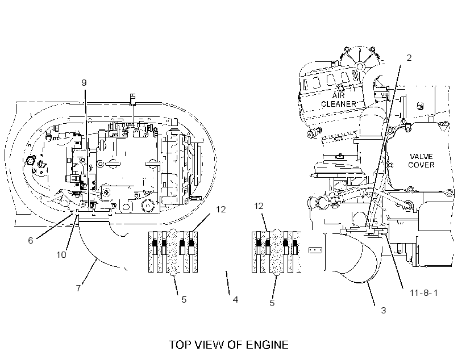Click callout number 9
click(x=84, y=82)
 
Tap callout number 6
click(x=30, y=241)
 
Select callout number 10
click(x=61, y=255)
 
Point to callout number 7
click(x=78, y=288)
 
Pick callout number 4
click(x=235, y=299)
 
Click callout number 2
click(x=409, y=57)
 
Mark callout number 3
click(x=384, y=311)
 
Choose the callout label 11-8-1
click(x=424, y=293)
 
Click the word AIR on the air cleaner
click(x=339, y=95)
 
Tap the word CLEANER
click(x=339, y=104)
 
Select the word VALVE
click(x=421, y=157)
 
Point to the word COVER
click(x=421, y=165)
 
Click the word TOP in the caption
click(x=179, y=345)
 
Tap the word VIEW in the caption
click(x=209, y=345)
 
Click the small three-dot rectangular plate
click(x=315, y=250)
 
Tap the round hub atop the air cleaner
click(x=360, y=66)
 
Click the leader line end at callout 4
click(x=226, y=271)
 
